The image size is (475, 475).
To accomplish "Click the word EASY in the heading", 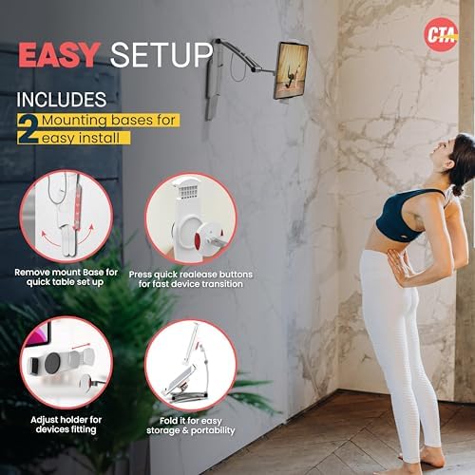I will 60,55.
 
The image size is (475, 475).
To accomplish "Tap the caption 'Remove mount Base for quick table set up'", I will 66,277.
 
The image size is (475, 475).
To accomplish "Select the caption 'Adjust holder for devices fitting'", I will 66,424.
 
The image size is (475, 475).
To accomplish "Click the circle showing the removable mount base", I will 66,217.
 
